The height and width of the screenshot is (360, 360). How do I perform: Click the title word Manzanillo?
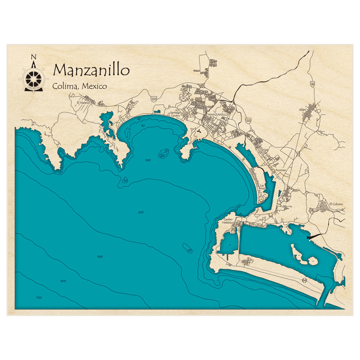coord(91,70)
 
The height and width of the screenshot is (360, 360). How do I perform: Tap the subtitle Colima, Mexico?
coord(80,86)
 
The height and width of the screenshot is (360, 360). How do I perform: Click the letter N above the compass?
coord(33,57)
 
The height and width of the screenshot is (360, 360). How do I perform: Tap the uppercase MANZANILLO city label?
coord(218,114)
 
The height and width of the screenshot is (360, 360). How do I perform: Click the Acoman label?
coord(280,170)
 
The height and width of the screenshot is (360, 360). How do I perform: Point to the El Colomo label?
coord(336,204)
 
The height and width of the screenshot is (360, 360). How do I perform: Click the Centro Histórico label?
coord(229,221)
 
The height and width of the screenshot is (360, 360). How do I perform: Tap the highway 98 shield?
coord(312,84)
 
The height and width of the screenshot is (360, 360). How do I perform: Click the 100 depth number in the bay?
coord(148,160)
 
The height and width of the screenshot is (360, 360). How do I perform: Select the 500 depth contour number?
coord(100,257)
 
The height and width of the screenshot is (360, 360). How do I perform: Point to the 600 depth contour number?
coord(63,281)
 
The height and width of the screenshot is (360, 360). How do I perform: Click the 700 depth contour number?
coord(39,298)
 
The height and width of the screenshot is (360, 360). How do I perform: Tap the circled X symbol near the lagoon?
coord(305,279)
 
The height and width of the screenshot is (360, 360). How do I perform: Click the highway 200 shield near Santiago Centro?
coord(154,99)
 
